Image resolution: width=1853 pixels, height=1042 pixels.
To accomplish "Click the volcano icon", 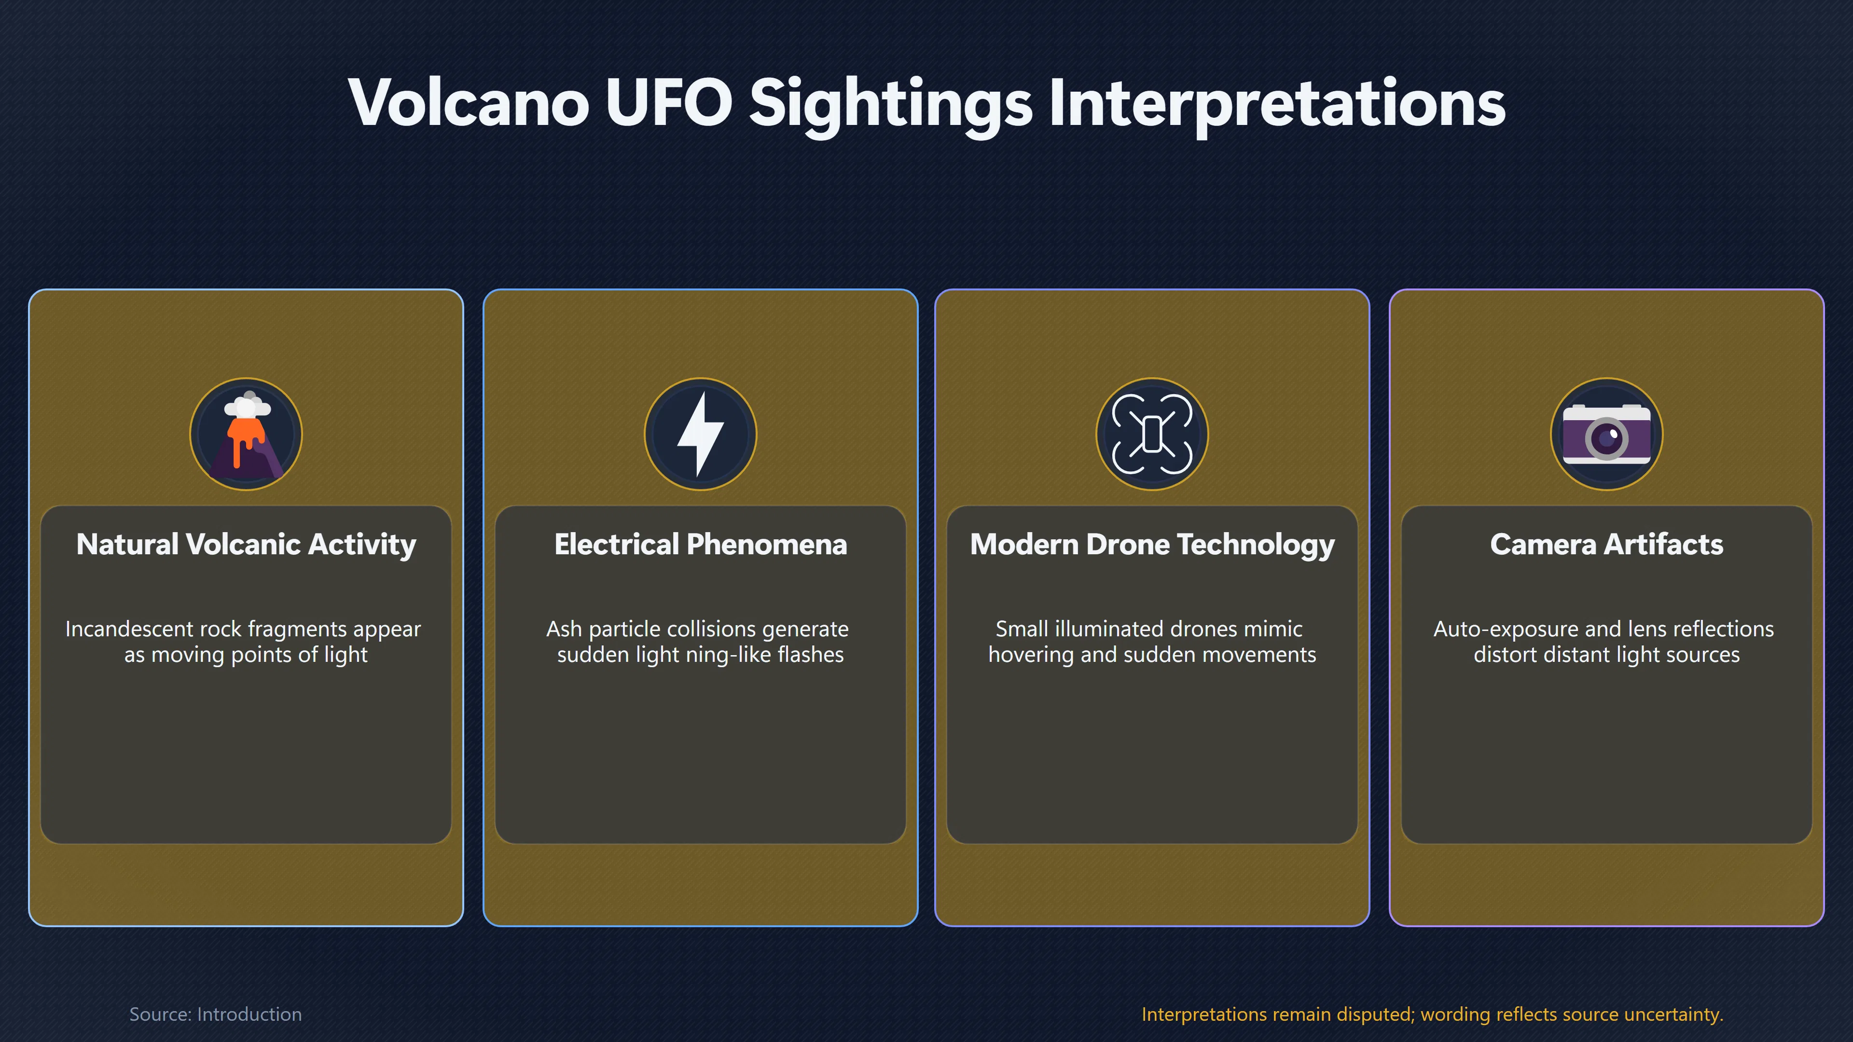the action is (x=246, y=434).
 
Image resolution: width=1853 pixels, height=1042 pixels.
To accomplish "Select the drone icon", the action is (x=1152, y=434).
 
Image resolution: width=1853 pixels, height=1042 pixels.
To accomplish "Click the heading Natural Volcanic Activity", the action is (x=246, y=544).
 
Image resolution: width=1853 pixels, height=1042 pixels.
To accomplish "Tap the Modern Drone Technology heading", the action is (x=1152, y=544).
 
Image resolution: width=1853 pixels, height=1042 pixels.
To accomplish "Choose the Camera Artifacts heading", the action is (x=1607, y=544).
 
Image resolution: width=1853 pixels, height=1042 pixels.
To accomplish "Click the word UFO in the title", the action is (x=669, y=103).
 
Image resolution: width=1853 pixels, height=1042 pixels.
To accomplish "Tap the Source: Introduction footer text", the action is (x=215, y=1014).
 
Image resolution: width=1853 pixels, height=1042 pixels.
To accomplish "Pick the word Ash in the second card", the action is (x=564, y=629).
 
